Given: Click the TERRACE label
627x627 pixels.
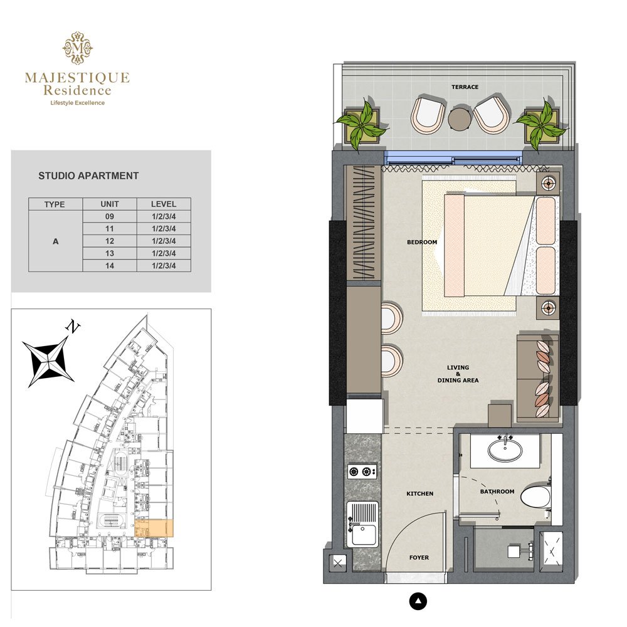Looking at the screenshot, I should tap(465, 87).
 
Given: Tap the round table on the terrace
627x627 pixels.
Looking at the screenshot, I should tap(460, 118).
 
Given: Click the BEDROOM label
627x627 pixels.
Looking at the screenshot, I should tap(421, 242).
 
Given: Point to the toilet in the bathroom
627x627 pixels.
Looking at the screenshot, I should tap(535, 497).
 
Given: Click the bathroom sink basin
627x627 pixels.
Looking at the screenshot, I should tap(505, 449).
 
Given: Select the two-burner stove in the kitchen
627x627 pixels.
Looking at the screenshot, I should tap(362, 472).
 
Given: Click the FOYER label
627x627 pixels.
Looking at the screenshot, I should tap(419, 557).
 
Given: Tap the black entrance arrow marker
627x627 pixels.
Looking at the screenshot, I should tap(418, 602).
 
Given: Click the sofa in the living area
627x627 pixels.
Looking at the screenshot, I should tap(537, 376).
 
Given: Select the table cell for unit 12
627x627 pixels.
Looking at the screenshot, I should tap(110, 241).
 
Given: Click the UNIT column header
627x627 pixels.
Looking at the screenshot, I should tap(110, 204).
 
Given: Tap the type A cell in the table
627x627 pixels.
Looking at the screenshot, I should tap(56, 241).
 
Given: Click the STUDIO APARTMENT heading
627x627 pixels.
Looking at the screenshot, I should tap(88, 176).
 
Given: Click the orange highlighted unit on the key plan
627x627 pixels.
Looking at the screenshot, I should tap(154, 529).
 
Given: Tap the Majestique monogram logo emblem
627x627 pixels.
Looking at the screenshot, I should tap(77, 49).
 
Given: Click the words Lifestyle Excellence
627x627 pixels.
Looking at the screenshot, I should tap(77, 103).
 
